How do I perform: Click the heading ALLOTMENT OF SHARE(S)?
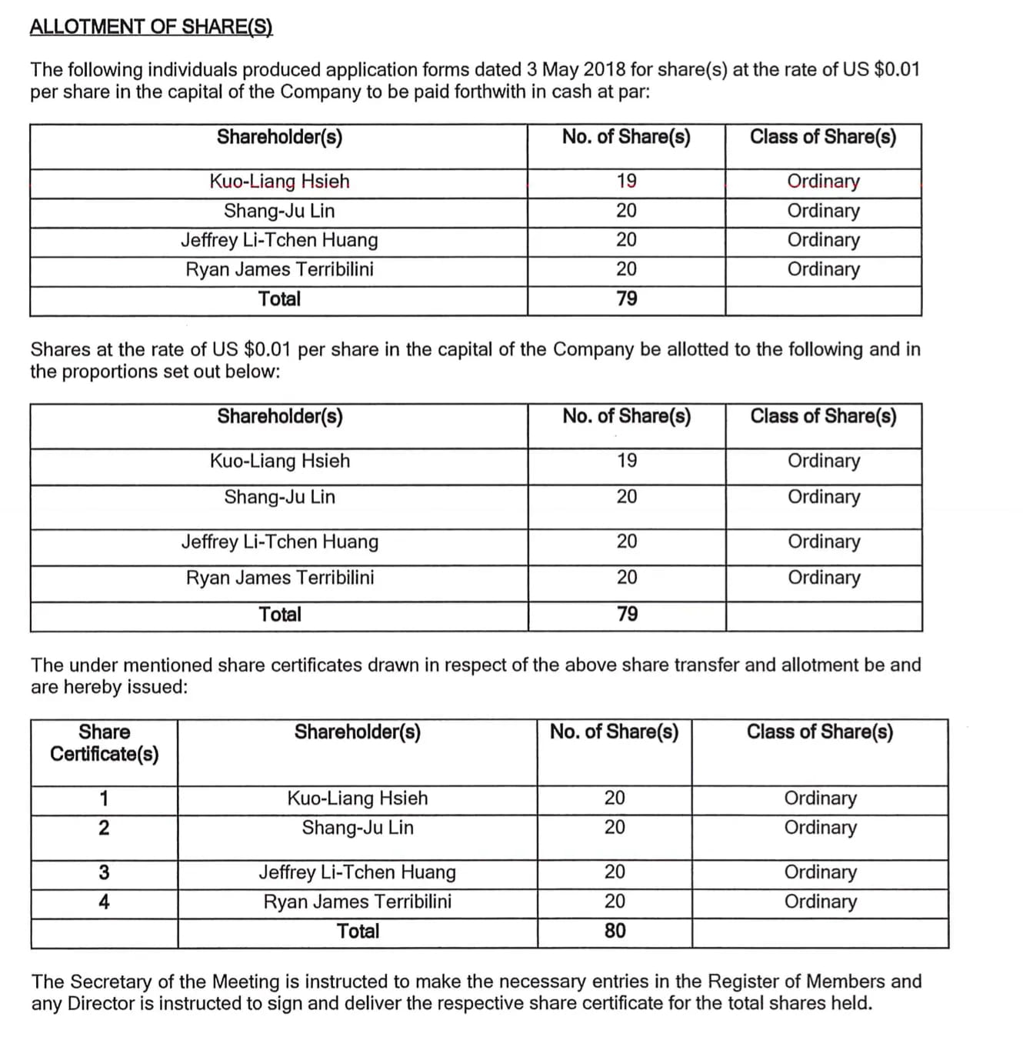tap(151, 26)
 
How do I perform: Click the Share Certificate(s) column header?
tap(105, 742)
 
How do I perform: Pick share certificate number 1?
tap(104, 798)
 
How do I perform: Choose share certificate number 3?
tap(104, 872)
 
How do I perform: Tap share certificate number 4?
tap(104, 902)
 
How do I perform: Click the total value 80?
tap(615, 931)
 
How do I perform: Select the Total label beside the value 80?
tap(358, 931)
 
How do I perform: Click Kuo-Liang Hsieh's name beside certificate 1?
tap(357, 798)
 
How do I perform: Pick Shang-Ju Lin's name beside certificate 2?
tap(357, 828)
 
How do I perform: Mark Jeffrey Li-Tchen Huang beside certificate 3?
tap(357, 872)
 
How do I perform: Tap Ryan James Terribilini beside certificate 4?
tap(357, 902)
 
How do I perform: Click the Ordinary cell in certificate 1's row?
tap(820, 798)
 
